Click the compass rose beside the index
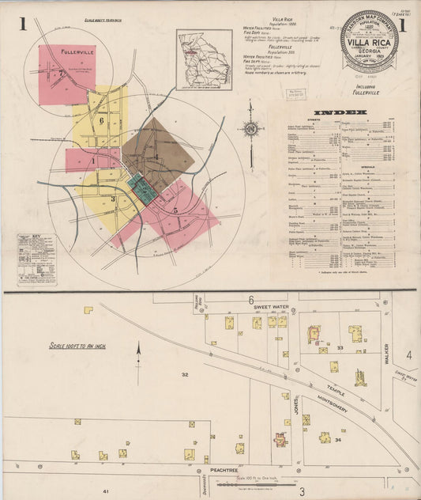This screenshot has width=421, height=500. coord(252,128)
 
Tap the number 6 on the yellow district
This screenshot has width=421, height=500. coord(102,119)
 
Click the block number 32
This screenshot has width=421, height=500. coord(184,373)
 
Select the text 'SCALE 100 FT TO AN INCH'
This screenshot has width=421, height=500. coord(77,346)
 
